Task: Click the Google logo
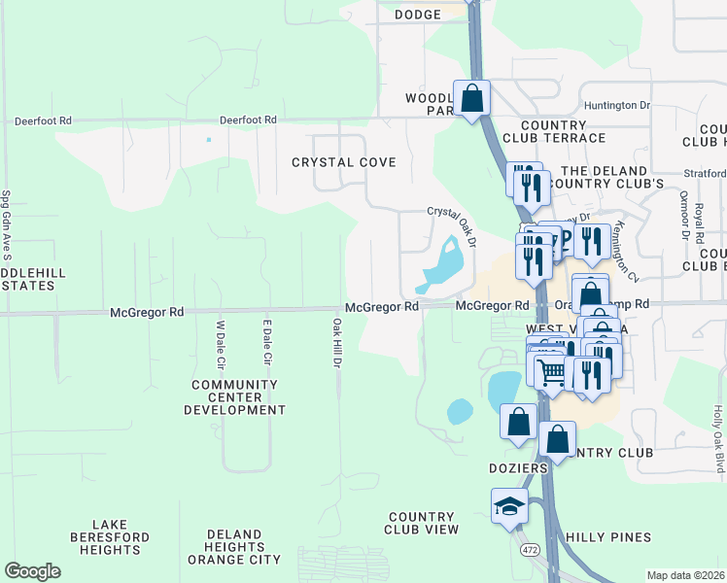click(33, 571)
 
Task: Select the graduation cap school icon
click(509, 506)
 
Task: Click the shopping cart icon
click(551, 370)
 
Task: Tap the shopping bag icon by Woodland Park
click(471, 98)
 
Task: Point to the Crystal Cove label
click(343, 162)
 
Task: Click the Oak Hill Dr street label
click(337, 343)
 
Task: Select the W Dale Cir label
click(221, 343)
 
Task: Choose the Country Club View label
click(421, 523)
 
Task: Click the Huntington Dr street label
click(617, 105)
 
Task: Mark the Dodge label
click(418, 14)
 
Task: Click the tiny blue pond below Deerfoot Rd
click(208, 139)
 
